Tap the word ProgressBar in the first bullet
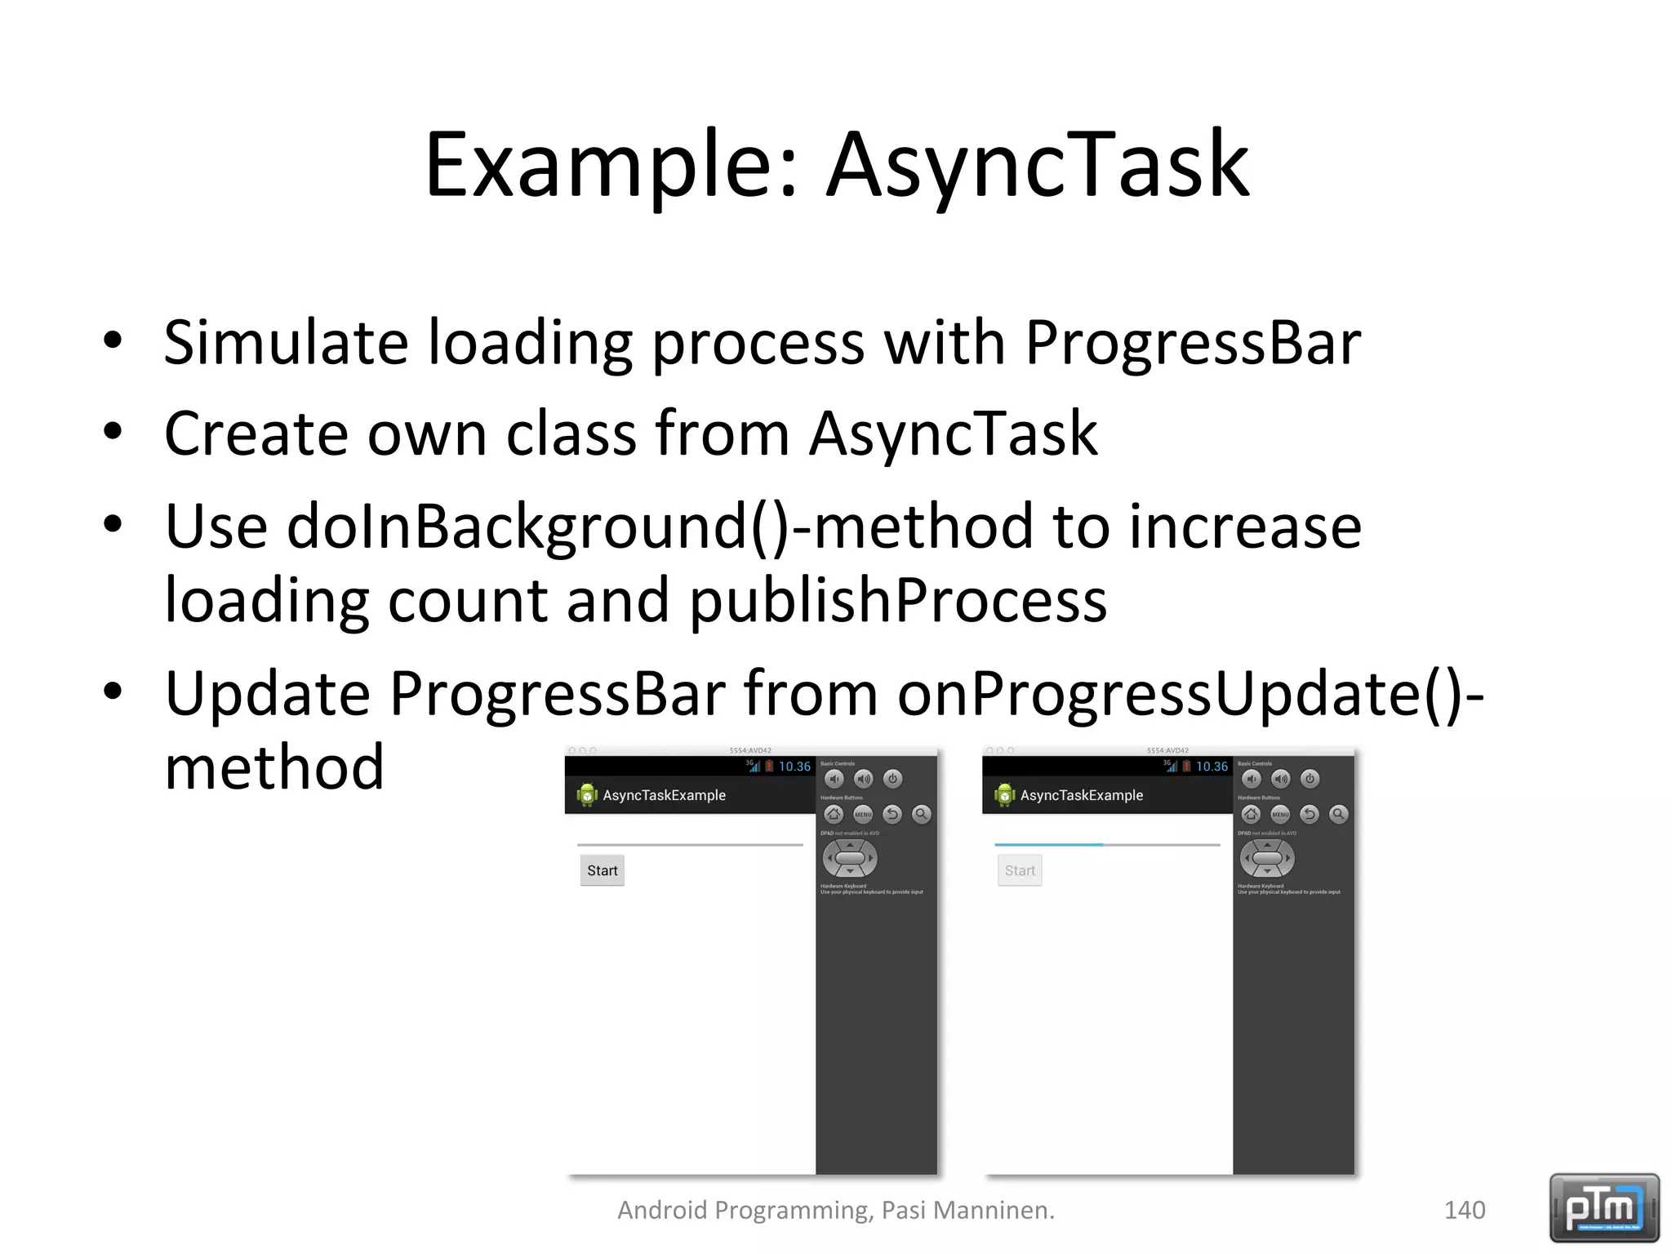point(1193,342)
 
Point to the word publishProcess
point(898,601)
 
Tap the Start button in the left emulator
point(603,870)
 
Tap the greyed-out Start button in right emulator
point(1020,870)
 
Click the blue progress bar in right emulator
point(1049,845)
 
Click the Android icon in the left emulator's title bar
point(586,794)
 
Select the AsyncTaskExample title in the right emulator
point(1081,795)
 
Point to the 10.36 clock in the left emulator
point(794,767)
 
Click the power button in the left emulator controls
point(892,779)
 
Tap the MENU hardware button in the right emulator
point(1280,814)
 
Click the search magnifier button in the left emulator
point(921,814)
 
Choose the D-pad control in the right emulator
point(1267,858)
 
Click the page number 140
point(1465,1210)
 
